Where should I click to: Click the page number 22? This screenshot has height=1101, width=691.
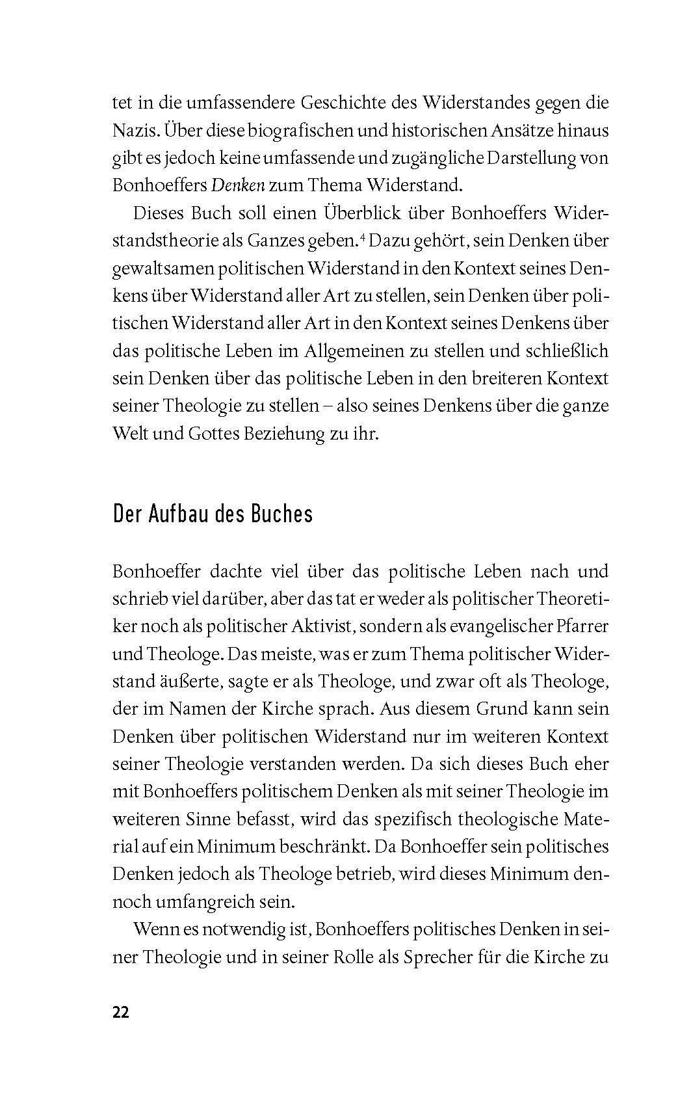pyautogui.click(x=121, y=1013)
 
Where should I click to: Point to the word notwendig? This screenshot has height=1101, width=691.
pyautogui.click(x=248, y=929)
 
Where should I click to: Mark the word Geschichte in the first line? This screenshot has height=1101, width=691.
pyautogui.click(x=337, y=103)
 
